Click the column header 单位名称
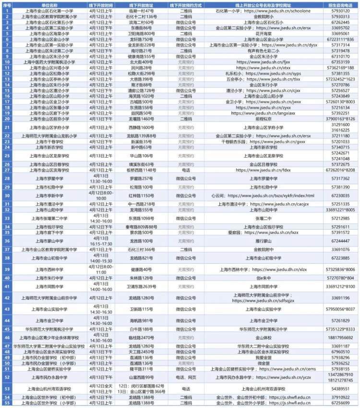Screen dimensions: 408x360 click(49, 4)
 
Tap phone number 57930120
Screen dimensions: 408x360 click(340, 10)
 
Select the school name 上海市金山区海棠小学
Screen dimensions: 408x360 click(49, 34)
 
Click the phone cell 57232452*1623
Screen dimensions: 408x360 click(340, 79)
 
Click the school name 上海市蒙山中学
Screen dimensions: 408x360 click(49, 241)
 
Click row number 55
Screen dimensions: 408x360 click(7, 403)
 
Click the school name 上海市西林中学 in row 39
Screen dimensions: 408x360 click(49, 269)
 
